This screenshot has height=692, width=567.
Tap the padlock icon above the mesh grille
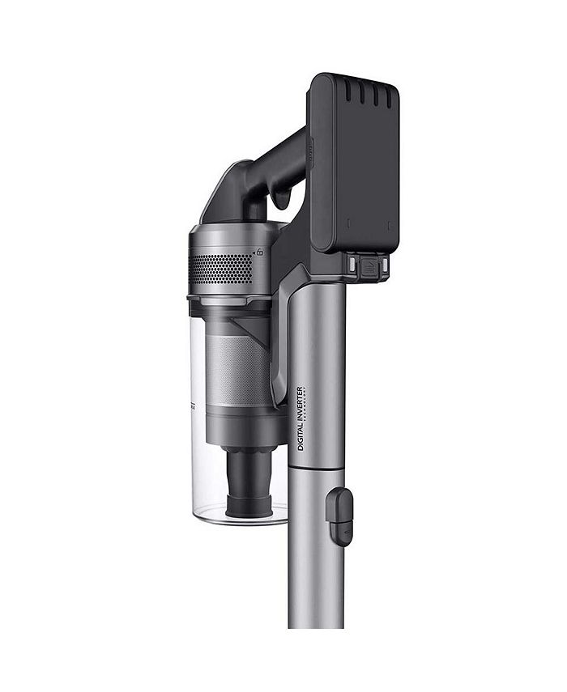click(259, 253)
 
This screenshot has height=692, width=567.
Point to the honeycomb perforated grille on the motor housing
click(220, 268)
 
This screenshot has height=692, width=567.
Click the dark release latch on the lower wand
click(339, 516)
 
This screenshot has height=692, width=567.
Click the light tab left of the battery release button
click(353, 265)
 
